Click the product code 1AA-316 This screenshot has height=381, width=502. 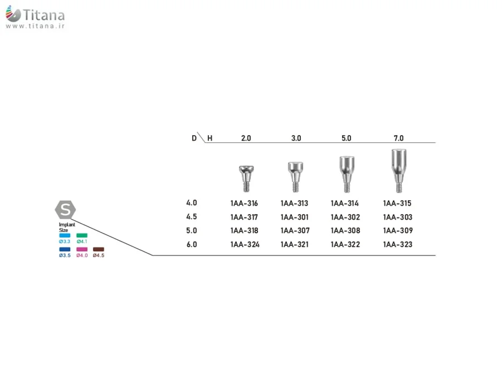click(244, 203)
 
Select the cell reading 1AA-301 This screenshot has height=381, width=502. click(295, 217)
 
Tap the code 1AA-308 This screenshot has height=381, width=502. click(345, 230)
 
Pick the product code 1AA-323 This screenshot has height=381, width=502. click(398, 245)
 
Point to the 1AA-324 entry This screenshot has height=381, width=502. click(245, 245)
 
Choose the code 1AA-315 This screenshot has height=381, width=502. click(397, 203)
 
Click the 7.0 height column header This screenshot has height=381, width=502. click(398, 138)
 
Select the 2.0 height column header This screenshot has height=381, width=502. click(246, 138)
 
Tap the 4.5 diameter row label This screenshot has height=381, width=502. click(192, 217)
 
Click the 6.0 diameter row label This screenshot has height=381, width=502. click(192, 245)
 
